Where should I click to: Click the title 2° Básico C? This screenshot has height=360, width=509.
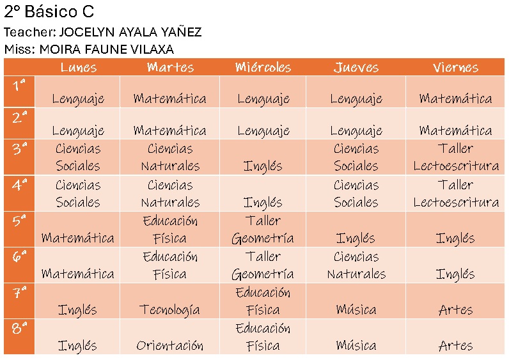tap(49, 12)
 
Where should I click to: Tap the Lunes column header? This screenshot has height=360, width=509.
tap(78, 67)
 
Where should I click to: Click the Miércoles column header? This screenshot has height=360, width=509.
tap(263, 67)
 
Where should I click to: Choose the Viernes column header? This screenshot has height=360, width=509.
tap(455, 67)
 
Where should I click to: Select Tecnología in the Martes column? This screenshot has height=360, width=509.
tap(169, 310)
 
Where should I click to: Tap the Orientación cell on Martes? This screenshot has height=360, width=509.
tap(169, 346)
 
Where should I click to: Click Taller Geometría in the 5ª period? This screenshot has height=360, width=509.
tap(263, 230)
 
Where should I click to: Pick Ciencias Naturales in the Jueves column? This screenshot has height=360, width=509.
tap(356, 265)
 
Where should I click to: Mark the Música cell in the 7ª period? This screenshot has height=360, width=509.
tap(356, 310)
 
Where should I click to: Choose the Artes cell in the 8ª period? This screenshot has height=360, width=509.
tap(455, 346)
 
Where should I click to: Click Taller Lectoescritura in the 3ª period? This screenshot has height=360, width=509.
tap(455, 157)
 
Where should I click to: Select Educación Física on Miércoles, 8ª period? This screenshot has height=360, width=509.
tap(263, 337)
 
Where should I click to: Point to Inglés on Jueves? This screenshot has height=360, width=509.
tap(356, 239)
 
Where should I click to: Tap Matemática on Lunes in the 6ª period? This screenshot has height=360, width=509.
tap(78, 274)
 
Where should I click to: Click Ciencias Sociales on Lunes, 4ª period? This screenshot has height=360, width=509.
tap(78, 194)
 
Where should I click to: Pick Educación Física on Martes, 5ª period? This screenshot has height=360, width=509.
tap(169, 230)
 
